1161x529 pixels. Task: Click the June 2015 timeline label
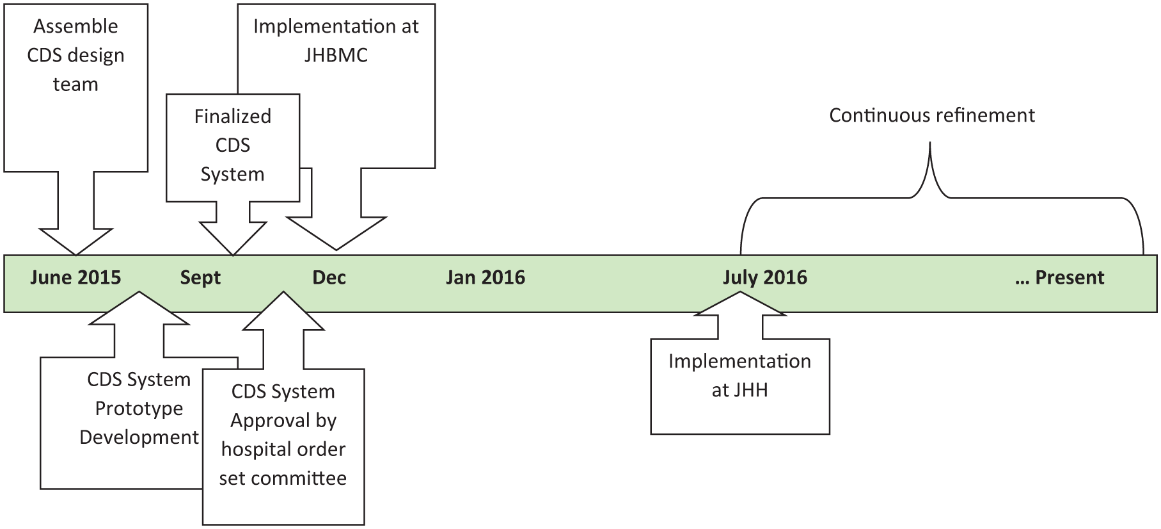pos(75,277)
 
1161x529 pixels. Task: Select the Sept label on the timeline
pos(200,278)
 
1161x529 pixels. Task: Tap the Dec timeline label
pos(329,277)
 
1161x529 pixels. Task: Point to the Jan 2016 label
pos(486,277)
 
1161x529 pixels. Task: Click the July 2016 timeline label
pos(765,277)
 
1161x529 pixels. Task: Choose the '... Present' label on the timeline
pos(1060,277)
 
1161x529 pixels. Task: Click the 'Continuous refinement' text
pos(932,115)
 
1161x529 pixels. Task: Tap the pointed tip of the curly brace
pos(929,143)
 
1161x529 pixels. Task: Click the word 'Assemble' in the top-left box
pos(75,26)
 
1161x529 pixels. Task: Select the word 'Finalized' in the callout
pos(233,116)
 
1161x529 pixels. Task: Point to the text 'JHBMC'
pos(336,55)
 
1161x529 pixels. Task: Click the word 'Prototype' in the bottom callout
pos(139,409)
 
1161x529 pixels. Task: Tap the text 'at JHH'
pos(739,390)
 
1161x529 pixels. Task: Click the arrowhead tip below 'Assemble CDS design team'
pos(75,255)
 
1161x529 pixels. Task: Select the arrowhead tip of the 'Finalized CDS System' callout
pos(233,255)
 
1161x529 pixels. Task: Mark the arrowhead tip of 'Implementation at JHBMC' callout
pos(336,250)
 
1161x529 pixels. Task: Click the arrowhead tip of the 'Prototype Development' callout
pos(139,293)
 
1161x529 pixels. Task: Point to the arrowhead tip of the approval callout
pos(283,293)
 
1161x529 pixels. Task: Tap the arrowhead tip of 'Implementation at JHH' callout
pos(740,293)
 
